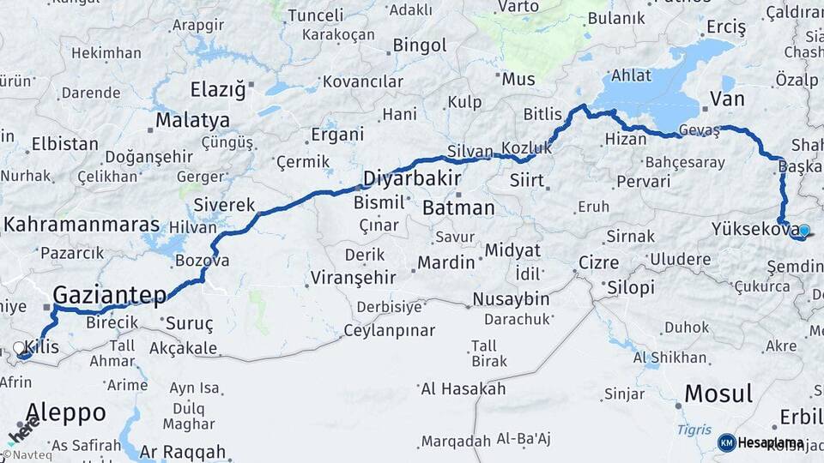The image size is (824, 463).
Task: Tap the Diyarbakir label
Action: [412, 179]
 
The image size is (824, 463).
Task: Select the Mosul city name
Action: [718, 394]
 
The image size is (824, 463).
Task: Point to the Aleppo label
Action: [66, 412]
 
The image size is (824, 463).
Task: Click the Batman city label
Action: [458, 207]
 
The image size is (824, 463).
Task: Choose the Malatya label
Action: [192, 119]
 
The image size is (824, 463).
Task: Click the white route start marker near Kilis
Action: [19, 348]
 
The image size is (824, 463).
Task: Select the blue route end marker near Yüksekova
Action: [803, 230]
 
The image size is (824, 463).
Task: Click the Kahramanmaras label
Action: [82, 225]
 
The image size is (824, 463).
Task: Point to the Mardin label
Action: [446, 262]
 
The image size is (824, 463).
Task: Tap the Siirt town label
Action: [527, 180]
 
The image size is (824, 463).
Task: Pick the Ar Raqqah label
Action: [183, 451]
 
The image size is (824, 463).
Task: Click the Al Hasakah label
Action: [463, 388]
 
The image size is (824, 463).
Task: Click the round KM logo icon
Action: [726, 442]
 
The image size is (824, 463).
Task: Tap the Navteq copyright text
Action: [27, 454]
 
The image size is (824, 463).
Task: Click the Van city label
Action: [727, 99]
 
